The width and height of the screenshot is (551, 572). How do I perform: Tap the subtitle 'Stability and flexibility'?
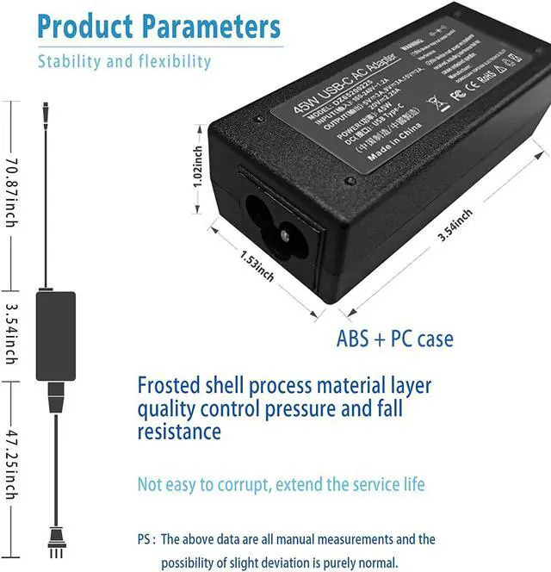(124, 61)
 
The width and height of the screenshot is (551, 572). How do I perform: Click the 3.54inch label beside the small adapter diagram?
(11, 333)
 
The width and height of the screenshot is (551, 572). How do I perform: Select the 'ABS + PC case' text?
(394, 339)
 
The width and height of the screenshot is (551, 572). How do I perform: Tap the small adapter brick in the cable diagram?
(55, 336)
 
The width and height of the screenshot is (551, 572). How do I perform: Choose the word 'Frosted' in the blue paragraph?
(172, 385)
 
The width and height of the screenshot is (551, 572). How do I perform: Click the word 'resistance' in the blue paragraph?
(179, 431)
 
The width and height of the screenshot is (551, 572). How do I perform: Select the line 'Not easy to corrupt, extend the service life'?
(281, 485)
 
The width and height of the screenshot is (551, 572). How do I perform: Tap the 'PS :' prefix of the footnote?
(146, 540)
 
